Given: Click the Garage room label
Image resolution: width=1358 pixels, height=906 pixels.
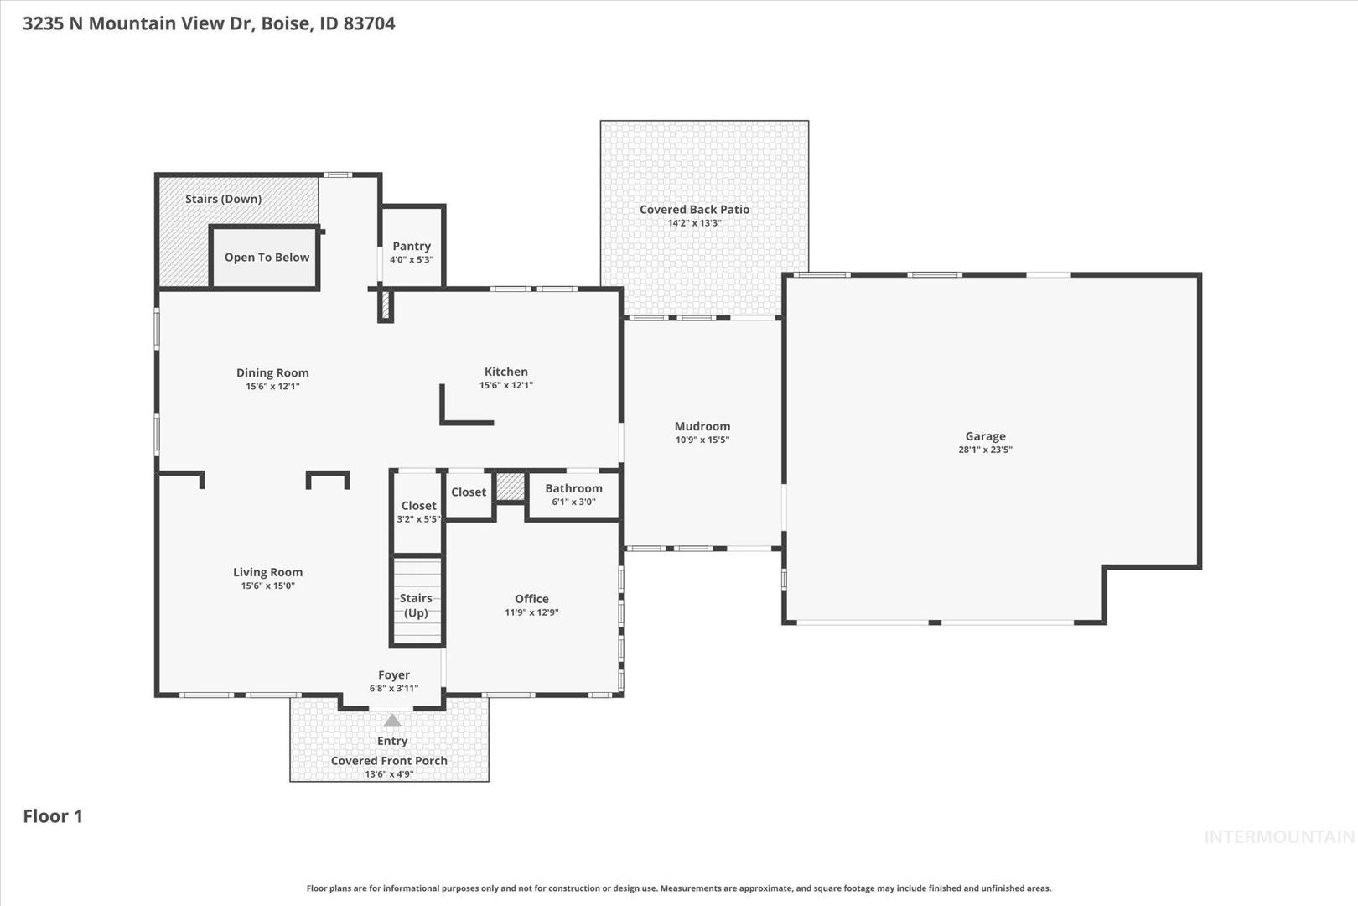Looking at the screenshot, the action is [x=985, y=435].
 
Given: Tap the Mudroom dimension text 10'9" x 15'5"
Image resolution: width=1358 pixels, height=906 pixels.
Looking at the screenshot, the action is [x=702, y=440].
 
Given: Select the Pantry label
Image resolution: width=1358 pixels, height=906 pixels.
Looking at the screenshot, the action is [x=412, y=246].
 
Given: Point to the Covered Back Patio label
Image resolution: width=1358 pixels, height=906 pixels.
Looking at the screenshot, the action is [x=694, y=210].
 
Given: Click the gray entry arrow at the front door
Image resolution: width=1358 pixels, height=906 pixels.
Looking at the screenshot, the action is [x=392, y=721].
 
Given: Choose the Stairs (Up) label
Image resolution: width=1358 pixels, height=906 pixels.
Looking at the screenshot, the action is [x=416, y=605].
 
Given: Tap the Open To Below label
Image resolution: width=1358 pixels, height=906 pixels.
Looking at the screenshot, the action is [x=267, y=258].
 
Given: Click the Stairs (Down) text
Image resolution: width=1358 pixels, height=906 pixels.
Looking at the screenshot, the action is [x=223, y=199].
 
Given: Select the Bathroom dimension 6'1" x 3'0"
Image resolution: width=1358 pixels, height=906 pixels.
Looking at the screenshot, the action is [x=573, y=502].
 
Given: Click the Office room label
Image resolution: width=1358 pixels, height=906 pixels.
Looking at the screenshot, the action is [x=531, y=598].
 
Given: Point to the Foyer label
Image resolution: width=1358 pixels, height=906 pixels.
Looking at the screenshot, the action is [x=394, y=674].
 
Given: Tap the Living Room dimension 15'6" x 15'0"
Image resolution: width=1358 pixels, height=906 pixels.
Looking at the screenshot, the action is [x=268, y=586].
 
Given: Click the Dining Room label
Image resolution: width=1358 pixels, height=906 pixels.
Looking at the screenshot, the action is [x=272, y=372].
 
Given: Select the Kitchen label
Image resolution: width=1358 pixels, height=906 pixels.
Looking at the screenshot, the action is [x=506, y=372].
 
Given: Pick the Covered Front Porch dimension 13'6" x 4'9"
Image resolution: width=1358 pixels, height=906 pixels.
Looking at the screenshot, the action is [x=389, y=773].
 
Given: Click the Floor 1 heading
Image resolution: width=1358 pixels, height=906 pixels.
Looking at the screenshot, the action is [x=53, y=816].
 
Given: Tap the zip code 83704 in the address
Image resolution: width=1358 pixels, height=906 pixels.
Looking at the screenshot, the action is [x=369, y=23].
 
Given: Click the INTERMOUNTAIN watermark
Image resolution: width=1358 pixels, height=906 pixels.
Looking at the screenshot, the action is [x=1279, y=837].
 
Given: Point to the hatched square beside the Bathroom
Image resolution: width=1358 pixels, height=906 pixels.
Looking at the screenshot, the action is [x=511, y=487].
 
